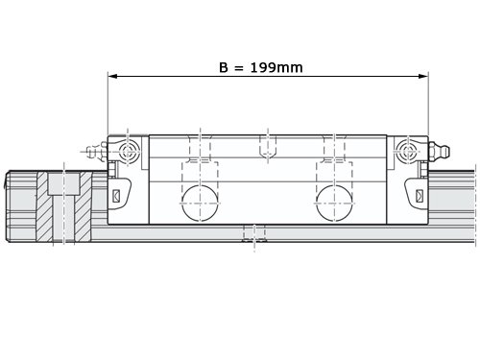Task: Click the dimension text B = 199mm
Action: point(261,67)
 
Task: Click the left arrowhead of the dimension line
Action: point(112,76)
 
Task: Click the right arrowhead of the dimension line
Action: point(423,76)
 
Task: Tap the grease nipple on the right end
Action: point(440,151)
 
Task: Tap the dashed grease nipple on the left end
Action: point(94,151)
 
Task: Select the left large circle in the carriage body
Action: point(200,204)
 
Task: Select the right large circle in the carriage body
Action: point(334,204)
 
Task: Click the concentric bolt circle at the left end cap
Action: point(128,151)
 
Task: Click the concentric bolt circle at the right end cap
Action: point(408,151)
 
